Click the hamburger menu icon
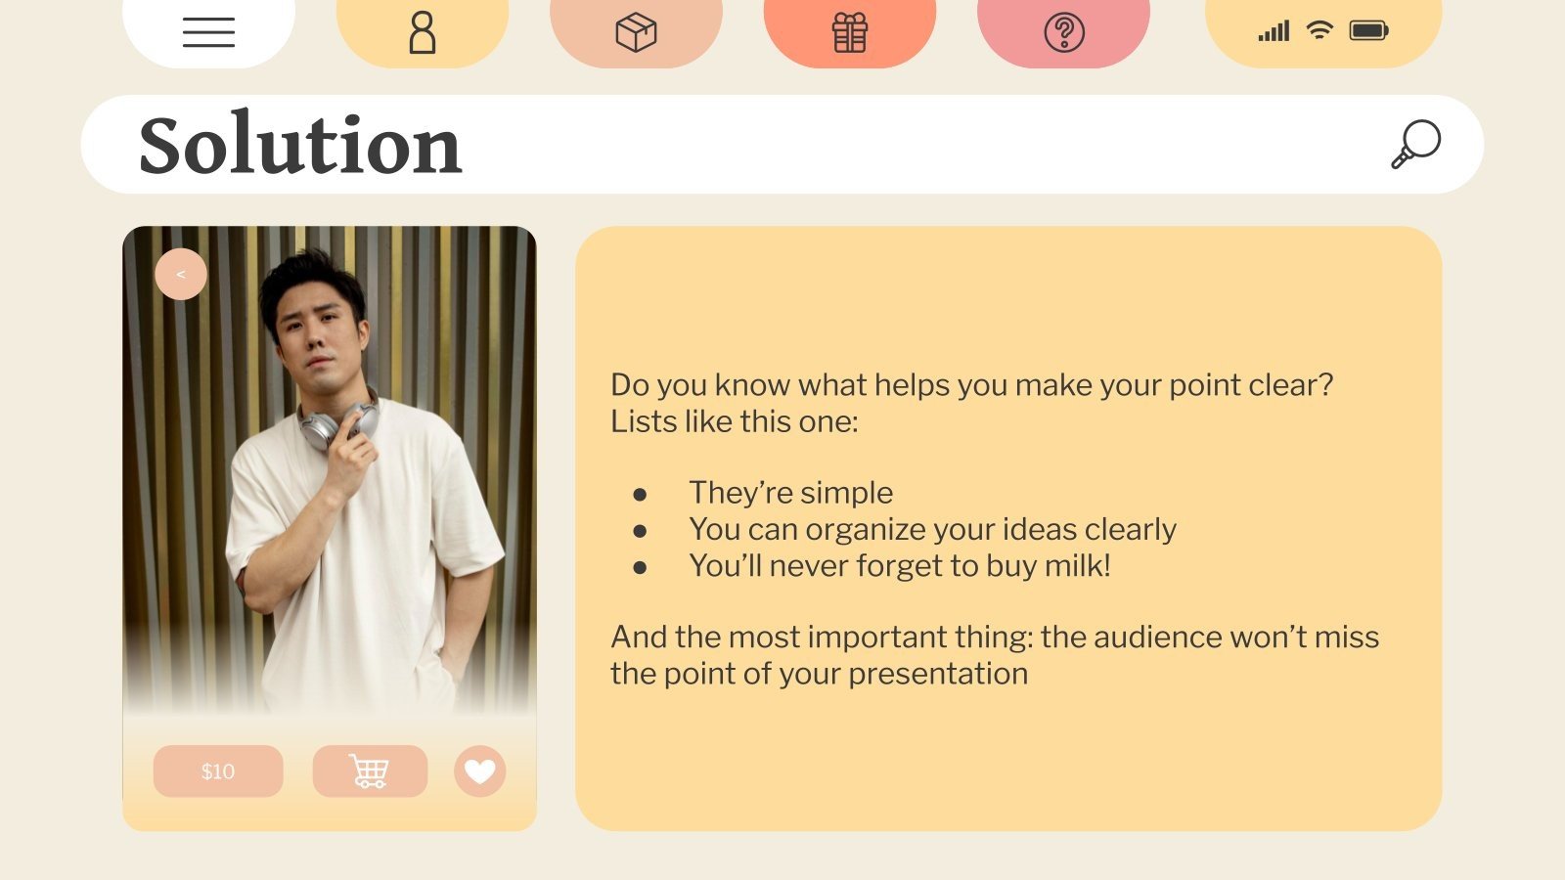[208, 32]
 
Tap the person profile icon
[423, 32]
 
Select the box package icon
[636, 32]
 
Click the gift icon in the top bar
[850, 32]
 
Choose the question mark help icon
[1064, 32]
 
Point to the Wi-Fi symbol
[1319, 30]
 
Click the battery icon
[1368, 30]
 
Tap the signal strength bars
[1274, 31]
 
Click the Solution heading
[299, 145]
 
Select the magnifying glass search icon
[1416, 144]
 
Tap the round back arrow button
[181, 275]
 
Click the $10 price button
[218, 771]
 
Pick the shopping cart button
[370, 771]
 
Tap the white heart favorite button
[480, 771]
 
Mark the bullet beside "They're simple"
[640, 495]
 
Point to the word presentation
[938, 674]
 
